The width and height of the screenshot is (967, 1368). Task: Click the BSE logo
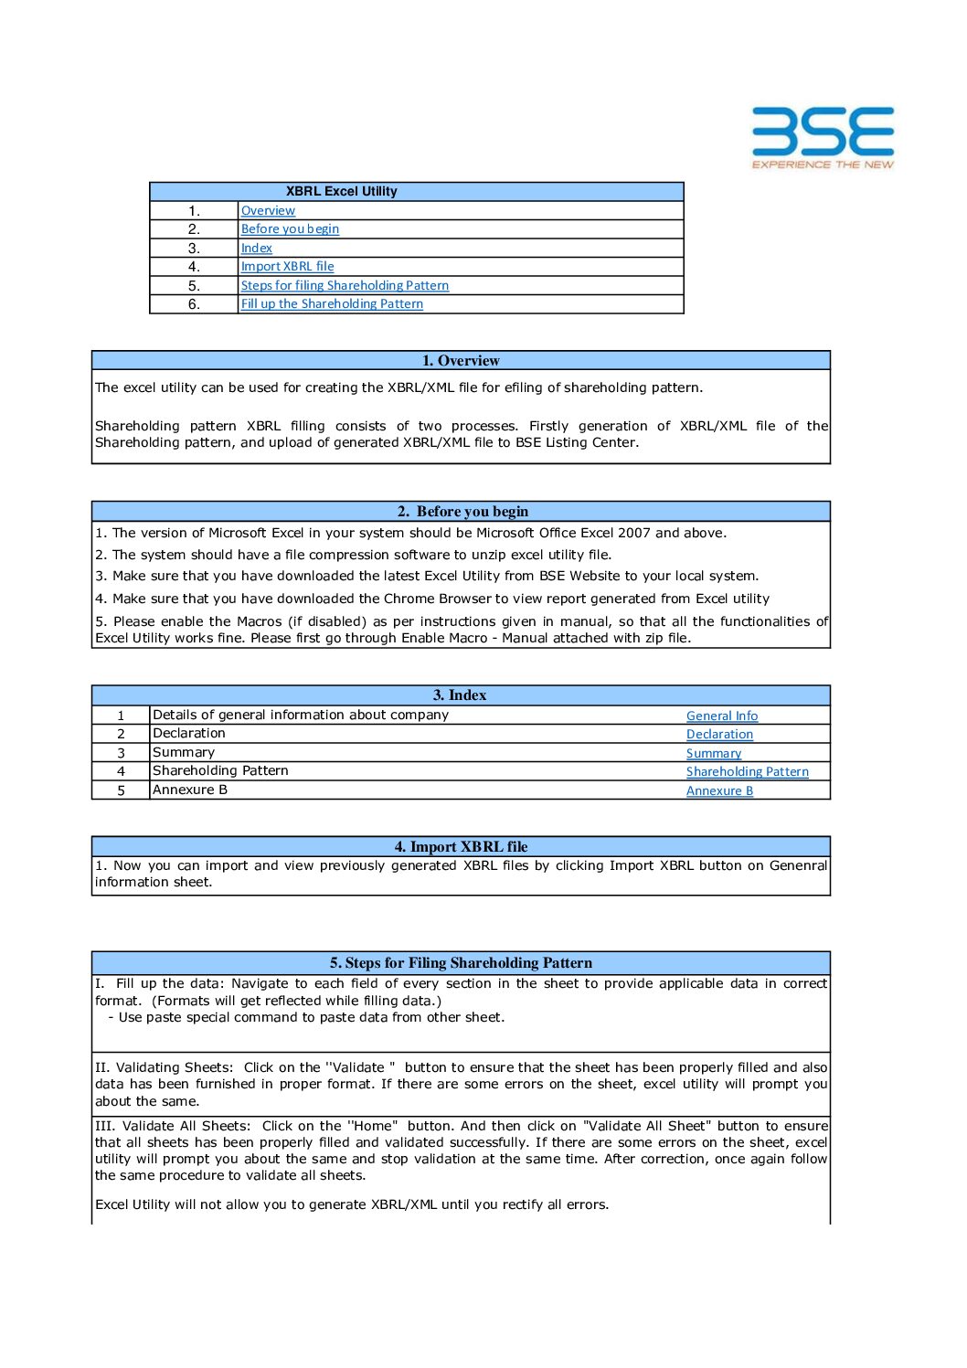823,137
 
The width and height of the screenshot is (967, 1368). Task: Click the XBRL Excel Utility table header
342,191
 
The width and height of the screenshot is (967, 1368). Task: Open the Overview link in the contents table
268,210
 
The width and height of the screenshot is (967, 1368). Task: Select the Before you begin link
290,229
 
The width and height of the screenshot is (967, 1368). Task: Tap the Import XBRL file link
287,267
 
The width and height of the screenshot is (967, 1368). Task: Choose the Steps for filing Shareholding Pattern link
345,285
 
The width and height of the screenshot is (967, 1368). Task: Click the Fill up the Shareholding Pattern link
332,304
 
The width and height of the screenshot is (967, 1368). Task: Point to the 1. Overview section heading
461,360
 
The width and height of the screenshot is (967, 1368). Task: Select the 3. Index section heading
460,695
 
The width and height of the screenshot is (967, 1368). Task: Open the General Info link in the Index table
722,716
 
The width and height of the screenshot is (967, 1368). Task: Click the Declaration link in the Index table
719,735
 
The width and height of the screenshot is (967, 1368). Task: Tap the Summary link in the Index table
714,754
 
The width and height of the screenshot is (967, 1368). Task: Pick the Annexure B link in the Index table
719,791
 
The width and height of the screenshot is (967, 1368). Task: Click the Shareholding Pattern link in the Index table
747,772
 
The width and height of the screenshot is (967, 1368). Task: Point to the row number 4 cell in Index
121,772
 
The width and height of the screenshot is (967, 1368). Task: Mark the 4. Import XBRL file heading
461,847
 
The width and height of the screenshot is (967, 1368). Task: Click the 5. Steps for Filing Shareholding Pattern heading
461,963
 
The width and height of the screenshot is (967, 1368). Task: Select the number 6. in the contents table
194,304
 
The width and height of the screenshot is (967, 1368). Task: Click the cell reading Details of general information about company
301,716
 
